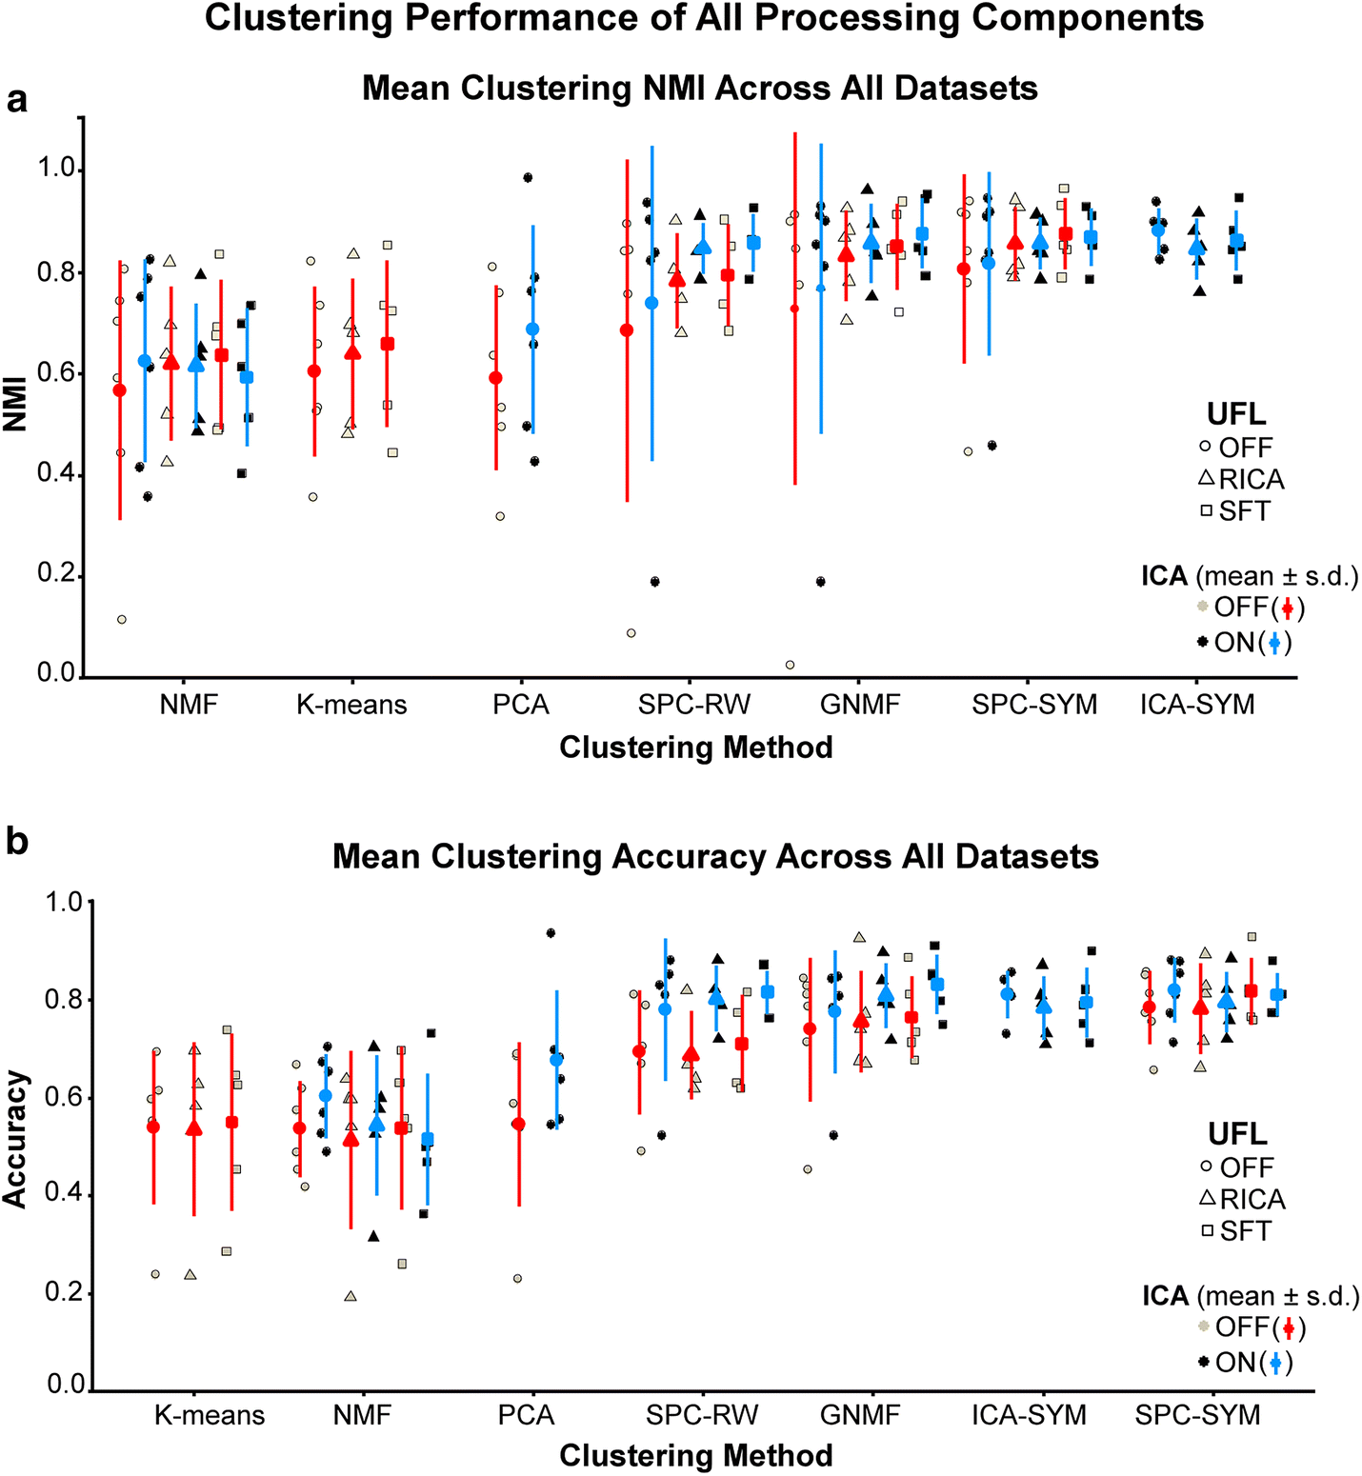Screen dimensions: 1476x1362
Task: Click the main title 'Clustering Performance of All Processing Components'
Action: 704,18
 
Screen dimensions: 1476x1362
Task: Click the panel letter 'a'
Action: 16,99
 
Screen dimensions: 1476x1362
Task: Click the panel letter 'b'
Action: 16,842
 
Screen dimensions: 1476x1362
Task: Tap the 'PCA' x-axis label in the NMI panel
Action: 521,705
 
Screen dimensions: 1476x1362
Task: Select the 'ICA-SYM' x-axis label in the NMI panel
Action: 1197,705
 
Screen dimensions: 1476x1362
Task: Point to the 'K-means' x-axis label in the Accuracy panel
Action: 210,1415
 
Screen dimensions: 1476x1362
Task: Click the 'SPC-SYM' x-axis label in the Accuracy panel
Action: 1197,1415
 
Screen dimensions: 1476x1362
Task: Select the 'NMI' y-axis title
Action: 15,405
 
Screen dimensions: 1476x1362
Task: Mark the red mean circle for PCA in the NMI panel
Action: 495,378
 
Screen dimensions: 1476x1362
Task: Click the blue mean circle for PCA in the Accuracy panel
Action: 556,1060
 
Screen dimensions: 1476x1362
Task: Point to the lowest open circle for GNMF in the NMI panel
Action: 790,665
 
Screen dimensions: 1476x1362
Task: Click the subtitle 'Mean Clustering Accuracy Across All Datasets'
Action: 715,856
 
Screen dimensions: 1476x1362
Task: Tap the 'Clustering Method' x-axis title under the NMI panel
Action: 695,748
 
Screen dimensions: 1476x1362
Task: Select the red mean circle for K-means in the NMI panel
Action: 314,371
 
